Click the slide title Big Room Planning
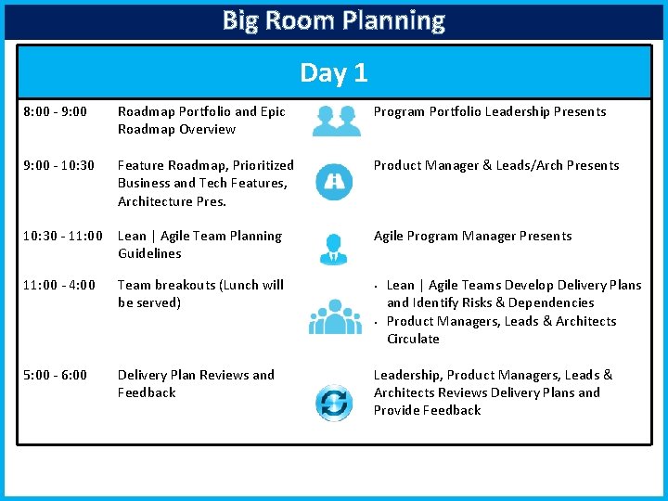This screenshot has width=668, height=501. pos(334,20)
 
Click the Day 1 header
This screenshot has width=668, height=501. pos(334,72)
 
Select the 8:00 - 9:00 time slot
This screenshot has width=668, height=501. pos(55,111)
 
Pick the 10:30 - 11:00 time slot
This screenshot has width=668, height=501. pos(63,236)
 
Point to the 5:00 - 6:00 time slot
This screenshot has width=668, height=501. pos(55,375)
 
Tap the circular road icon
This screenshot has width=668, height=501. pos(334,182)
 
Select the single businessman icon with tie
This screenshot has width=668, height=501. pos(334,247)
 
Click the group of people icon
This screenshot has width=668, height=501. pos(335,315)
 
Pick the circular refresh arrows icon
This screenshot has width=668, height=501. pos(333,403)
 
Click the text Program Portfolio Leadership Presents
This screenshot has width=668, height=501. pos(489,111)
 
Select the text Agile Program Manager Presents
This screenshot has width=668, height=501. pos(472,236)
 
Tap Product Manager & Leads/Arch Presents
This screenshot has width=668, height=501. pos(495,165)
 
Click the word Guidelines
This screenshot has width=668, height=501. pos(149,253)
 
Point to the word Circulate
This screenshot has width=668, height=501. pos(413,339)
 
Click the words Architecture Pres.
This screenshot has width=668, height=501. pos(172,200)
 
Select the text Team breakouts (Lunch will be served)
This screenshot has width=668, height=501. pos(200,293)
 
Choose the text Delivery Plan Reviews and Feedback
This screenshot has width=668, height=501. pos(196,383)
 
